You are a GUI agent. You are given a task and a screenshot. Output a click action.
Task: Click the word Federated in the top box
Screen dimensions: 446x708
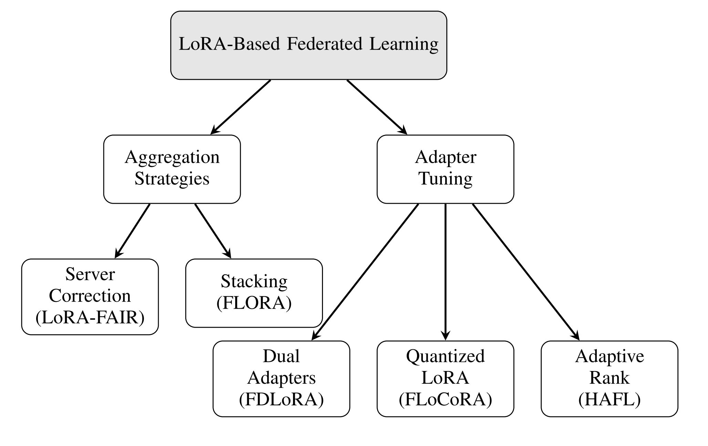point(324,44)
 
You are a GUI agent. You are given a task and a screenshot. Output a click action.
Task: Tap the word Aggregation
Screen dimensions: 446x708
point(172,158)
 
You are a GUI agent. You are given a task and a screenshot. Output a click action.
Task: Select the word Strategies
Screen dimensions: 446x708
point(172,179)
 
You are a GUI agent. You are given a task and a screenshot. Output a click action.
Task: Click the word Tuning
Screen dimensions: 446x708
point(445,179)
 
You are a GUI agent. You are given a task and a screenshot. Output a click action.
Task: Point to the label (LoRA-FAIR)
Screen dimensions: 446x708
point(90,317)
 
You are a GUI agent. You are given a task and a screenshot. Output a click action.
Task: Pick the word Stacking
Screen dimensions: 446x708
point(254,282)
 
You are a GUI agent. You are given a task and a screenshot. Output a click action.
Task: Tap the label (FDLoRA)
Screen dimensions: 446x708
point(281,400)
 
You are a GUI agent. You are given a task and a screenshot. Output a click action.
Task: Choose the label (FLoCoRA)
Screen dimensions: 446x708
point(445,400)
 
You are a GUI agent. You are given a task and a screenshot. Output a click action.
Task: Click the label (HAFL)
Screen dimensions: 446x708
point(609,400)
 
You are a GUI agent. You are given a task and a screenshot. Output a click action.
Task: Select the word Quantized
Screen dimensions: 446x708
point(445,357)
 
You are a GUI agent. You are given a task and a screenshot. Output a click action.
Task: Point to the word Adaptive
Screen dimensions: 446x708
point(609,357)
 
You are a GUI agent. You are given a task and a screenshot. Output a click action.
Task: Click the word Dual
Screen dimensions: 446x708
point(281,357)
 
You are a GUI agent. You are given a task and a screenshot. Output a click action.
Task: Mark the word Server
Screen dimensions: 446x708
point(90,275)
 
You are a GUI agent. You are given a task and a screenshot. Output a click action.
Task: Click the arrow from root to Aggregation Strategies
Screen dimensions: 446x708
point(241,107)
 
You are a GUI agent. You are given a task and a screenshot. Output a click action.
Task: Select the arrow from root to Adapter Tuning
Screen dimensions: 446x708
point(377,107)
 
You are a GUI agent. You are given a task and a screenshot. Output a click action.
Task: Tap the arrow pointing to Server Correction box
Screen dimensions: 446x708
point(133,231)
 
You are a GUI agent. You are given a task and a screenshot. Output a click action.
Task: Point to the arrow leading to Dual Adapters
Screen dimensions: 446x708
point(365,272)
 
